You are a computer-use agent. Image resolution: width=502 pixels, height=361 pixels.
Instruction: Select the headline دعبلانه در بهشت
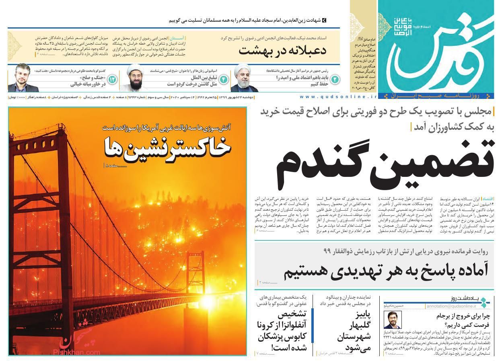click(x=282, y=51)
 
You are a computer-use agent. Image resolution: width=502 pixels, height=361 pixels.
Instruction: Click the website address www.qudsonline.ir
click(x=338, y=97)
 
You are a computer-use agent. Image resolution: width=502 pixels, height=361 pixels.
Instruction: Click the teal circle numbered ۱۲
click(x=112, y=79)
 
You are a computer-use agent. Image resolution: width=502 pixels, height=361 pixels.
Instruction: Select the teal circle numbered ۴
click(x=223, y=79)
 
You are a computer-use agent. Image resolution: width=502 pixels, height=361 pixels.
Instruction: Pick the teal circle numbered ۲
click(x=334, y=79)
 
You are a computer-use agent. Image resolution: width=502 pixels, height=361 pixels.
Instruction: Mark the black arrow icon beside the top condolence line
click(x=325, y=20)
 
